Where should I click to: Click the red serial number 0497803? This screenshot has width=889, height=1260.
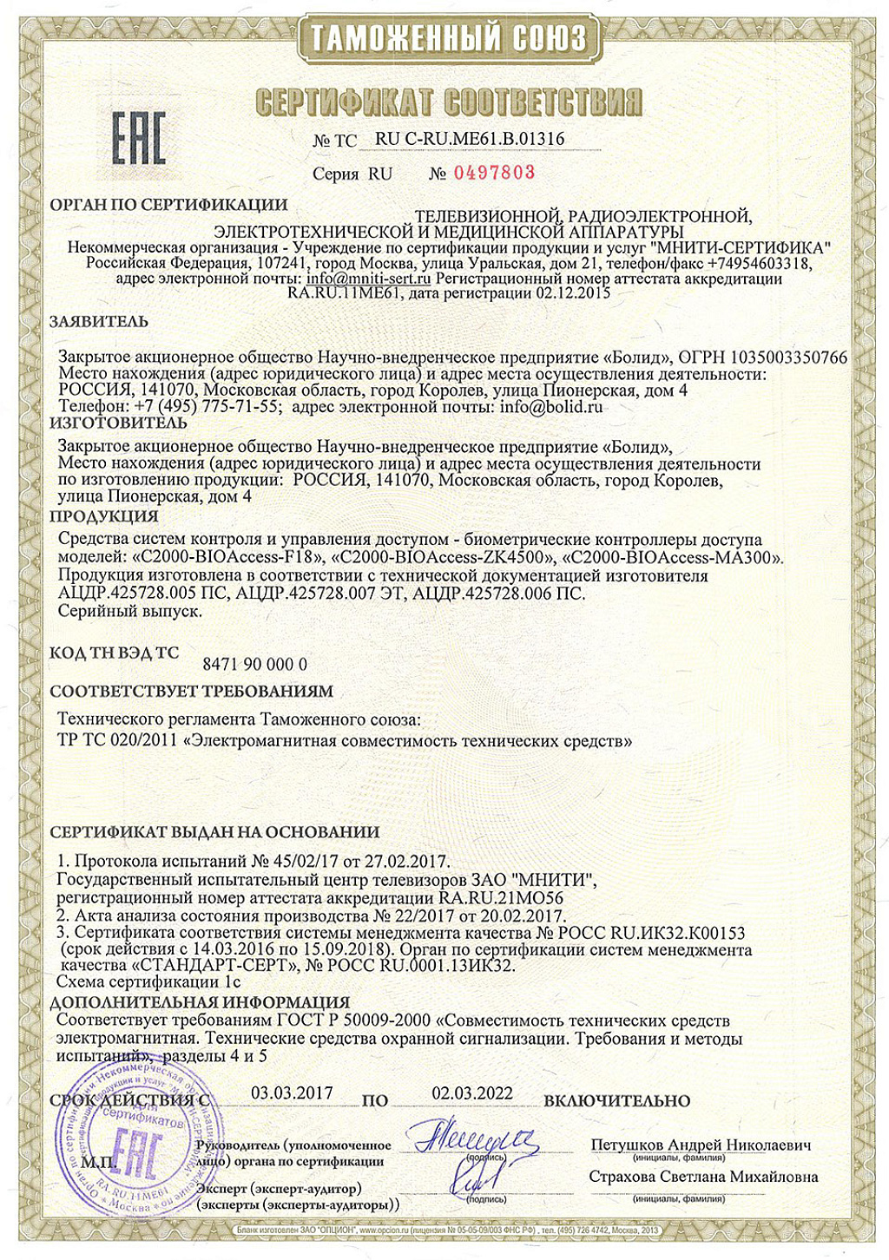click(494, 173)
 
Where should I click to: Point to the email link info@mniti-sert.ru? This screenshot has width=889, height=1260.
click(369, 279)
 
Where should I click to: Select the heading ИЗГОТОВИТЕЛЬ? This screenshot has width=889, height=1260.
click(118, 423)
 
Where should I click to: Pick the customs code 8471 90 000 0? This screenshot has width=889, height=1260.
click(254, 665)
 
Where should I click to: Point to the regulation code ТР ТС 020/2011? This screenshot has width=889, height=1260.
click(117, 741)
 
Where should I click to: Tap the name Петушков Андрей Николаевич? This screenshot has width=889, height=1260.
click(701, 1145)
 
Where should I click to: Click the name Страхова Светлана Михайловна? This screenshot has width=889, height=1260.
click(703, 1178)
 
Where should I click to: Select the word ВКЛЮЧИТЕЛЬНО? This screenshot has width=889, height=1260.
click(616, 1101)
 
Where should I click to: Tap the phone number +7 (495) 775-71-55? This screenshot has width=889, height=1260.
click(207, 406)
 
